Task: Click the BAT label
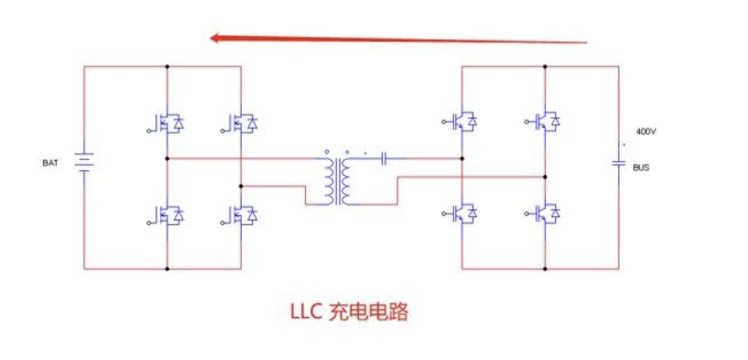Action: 50,163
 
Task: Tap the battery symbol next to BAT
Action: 84,162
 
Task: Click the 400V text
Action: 646,131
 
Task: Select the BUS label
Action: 641,168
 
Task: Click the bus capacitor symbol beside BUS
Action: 618,164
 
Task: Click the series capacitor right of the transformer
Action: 385,158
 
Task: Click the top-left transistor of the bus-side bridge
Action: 463,122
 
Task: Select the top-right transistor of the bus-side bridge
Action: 546,122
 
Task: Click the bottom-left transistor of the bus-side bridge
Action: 463,214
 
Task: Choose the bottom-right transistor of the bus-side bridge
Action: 546,214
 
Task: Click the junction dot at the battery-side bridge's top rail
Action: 168,67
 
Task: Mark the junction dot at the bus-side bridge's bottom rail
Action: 545,269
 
